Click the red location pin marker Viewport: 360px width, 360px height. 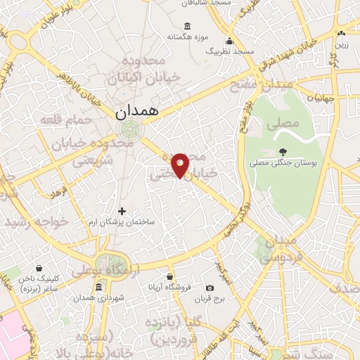(181, 164)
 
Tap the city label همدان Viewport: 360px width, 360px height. (138, 111)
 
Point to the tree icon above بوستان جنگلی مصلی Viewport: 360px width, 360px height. (283, 152)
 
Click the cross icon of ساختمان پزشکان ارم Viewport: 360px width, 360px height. (122, 210)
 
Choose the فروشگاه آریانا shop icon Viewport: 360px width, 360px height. (169, 276)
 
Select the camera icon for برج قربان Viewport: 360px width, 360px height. (210, 288)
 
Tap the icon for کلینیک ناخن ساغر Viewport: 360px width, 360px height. (38, 269)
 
